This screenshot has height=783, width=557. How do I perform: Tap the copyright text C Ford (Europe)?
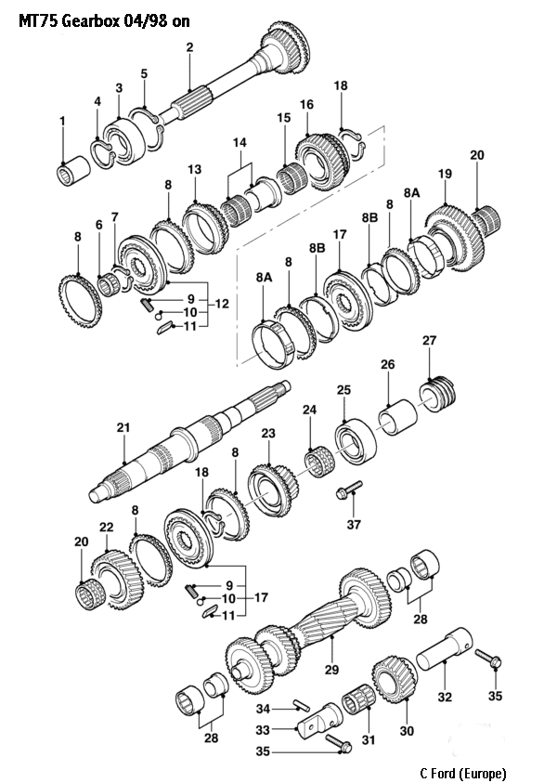462,772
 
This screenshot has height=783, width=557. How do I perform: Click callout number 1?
62,121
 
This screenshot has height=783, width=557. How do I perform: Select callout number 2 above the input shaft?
188,46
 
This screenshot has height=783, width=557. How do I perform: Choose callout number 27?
428,341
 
